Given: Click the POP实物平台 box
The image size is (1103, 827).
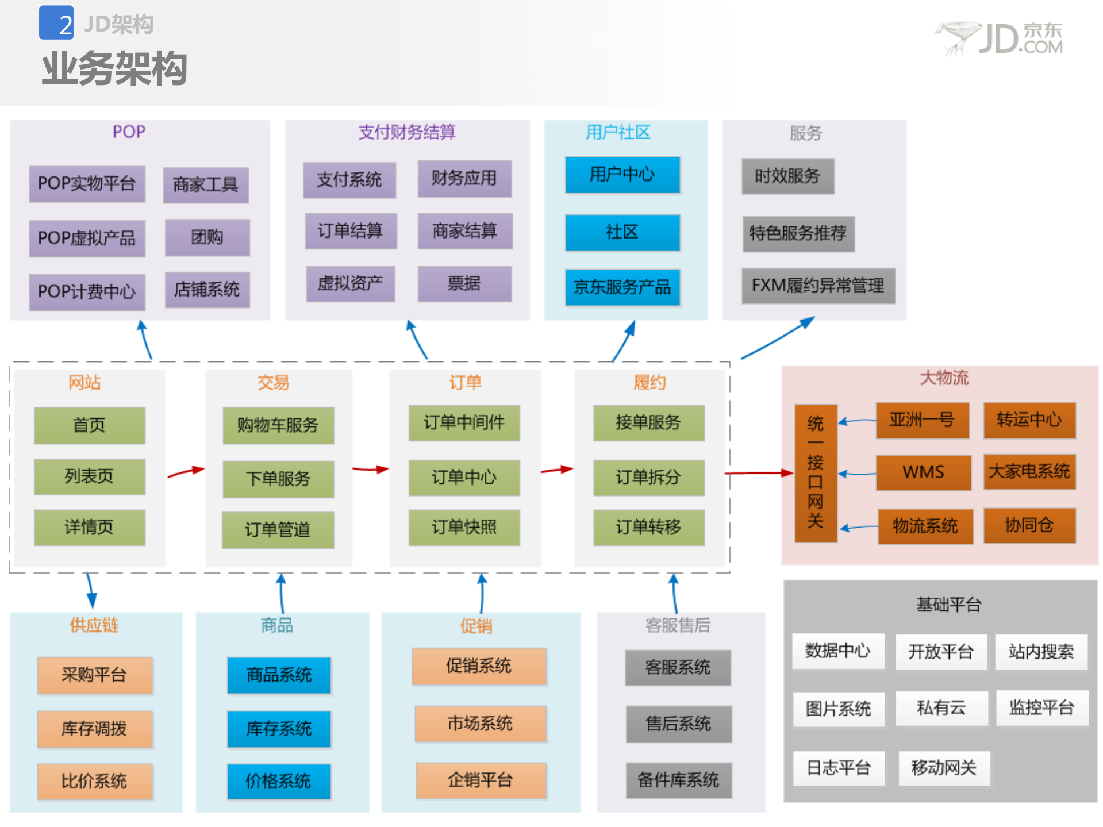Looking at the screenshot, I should (87, 183).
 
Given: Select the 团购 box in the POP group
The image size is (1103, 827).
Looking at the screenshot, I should (207, 237).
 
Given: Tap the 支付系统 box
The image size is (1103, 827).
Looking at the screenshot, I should (349, 180).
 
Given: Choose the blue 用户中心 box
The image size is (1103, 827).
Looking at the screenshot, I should (622, 174).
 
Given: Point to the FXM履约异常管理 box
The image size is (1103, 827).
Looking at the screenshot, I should (818, 285).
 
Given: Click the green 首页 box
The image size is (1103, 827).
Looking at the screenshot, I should (89, 425).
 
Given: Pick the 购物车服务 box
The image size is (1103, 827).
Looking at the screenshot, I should (278, 425).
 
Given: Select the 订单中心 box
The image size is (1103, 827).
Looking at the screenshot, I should (464, 477).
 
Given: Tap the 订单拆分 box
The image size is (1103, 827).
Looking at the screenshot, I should (648, 477).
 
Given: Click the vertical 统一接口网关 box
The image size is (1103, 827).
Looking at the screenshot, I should (815, 472).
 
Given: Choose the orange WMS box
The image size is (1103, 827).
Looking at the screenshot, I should (923, 472).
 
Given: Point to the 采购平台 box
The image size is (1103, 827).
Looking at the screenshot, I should (94, 675).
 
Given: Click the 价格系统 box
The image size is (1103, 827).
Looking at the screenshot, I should (279, 781).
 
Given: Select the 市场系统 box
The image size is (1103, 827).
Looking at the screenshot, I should (480, 723).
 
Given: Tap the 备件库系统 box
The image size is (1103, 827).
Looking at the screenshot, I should (678, 780).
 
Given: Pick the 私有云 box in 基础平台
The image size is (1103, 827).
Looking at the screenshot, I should (941, 708).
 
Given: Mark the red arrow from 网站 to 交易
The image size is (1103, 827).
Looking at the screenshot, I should (186, 472).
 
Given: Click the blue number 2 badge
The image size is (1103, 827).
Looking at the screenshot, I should (56, 23).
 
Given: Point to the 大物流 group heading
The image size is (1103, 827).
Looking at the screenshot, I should (944, 378).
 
